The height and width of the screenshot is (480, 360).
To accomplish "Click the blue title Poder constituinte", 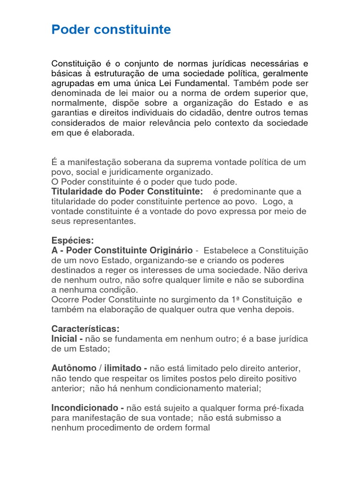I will click(111, 30).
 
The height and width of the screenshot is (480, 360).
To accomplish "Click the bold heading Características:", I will click(85, 329).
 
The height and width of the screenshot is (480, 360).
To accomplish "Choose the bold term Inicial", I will click(65, 338).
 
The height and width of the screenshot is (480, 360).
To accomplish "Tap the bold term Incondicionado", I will click(84, 408).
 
